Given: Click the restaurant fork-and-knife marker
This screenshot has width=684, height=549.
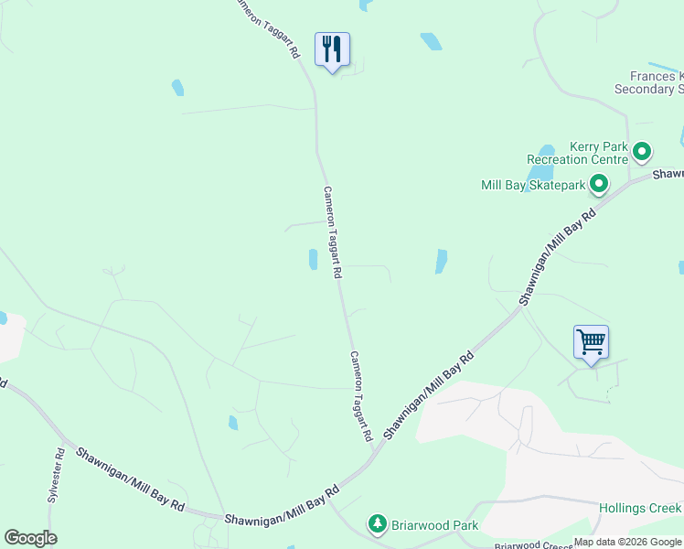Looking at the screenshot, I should tap(332, 48).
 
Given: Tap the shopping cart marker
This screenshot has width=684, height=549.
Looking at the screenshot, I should tap(591, 342).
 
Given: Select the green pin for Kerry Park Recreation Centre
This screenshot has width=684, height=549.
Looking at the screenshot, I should tap(642, 152).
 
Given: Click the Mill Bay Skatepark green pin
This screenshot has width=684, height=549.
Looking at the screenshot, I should tap(599, 185).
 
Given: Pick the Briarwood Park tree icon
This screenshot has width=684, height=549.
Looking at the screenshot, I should tap(377, 524).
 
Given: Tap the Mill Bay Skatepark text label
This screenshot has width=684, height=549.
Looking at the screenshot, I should tap(532, 185).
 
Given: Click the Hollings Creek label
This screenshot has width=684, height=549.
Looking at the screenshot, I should tap(640, 508).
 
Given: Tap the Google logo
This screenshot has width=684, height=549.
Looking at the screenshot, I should tap(30, 538).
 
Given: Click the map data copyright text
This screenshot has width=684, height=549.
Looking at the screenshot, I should tap(627, 543).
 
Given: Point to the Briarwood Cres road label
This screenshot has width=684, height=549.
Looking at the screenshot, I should tap(533, 544).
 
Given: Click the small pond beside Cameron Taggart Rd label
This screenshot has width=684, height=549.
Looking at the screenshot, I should tap(313, 260).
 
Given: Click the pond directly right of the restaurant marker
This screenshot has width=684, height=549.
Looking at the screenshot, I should tap(431, 41).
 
